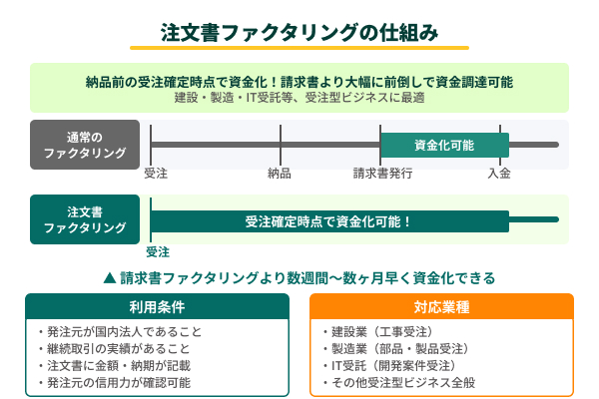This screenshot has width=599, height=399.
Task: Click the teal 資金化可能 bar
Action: click(444, 145)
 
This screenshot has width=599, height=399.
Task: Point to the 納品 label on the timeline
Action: click(280, 174)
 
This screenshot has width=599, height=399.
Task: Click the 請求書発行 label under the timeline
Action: click(382, 174)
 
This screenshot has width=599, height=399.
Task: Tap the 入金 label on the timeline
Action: click(499, 174)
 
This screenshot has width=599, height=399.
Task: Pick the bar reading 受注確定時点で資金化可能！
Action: click(329, 220)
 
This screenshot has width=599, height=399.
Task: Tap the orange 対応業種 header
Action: click(441, 305)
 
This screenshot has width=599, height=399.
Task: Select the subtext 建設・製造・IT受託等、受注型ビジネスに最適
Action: click(299, 98)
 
